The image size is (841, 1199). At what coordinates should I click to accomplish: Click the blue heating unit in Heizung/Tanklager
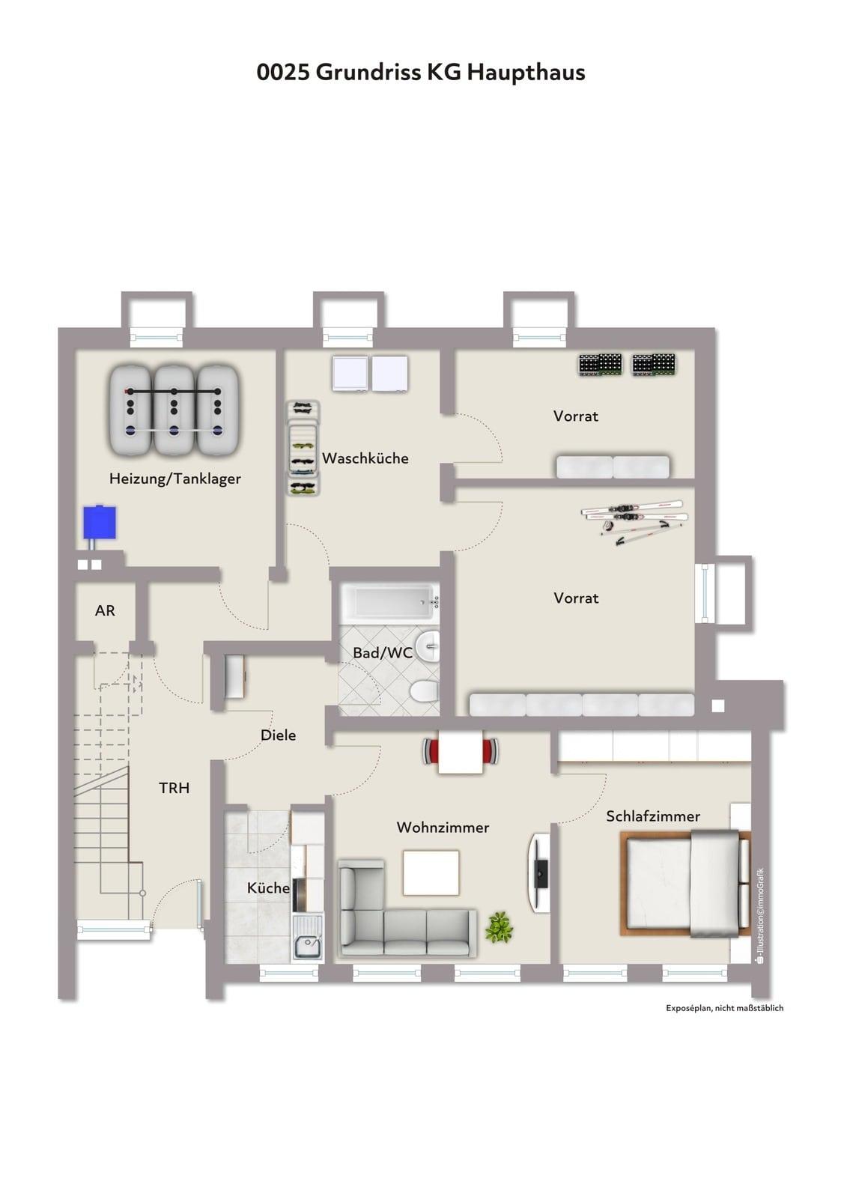(100, 523)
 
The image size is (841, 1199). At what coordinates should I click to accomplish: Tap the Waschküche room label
(365, 458)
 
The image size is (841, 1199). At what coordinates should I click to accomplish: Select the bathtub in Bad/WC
(389, 603)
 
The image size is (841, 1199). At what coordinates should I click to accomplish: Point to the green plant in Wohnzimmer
(499, 927)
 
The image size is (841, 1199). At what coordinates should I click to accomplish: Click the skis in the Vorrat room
(634, 518)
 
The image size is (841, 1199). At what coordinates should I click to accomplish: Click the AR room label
(105, 610)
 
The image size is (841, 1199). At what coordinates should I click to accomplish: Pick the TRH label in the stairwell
(174, 788)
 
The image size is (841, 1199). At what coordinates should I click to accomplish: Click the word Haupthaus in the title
(526, 72)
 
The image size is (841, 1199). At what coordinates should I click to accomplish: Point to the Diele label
(278, 735)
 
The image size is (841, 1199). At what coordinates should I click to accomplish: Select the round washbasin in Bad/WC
(428, 646)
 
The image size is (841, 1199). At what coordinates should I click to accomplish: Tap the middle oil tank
(174, 410)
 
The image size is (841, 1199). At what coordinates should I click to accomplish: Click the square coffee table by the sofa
(431, 872)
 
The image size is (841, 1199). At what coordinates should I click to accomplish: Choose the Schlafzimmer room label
(652, 816)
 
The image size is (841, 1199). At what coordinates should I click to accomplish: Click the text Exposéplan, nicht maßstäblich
(724, 1008)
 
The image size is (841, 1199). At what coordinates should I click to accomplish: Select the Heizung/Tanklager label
(175, 479)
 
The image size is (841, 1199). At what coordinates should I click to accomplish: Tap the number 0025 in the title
(283, 72)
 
